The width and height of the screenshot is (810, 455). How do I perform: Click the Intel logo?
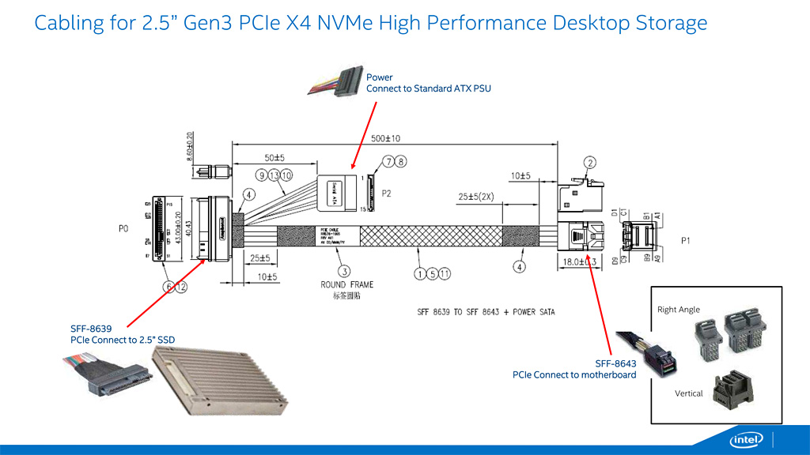[x=746, y=439]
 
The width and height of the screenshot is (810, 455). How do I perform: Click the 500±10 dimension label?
[x=390, y=138]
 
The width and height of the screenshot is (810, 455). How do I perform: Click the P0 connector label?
[x=123, y=228]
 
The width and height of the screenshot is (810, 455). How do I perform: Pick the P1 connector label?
[x=685, y=240]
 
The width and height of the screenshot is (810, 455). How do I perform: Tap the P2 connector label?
[x=387, y=193]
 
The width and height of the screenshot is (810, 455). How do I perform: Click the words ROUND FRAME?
[x=346, y=285]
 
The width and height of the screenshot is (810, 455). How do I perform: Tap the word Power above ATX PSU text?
[x=379, y=77]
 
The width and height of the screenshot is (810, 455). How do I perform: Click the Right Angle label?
[x=679, y=310]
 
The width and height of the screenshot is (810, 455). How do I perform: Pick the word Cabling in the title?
[x=68, y=23]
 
